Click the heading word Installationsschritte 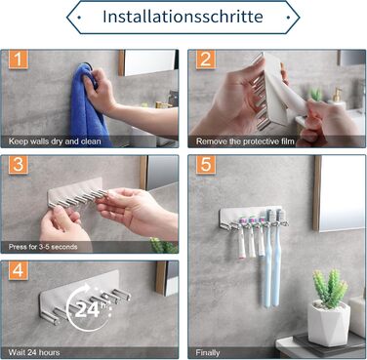[x=183, y=17]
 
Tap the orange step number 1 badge [x=19, y=60]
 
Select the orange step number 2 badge [x=206, y=60]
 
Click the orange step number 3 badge [x=19, y=165]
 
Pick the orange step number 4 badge [x=19, y=270]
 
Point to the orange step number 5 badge [x=206, y=165]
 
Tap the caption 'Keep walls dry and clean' [x=55, y=141]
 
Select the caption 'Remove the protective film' [x=245, y=141]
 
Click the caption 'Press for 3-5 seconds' [x=43, y=247]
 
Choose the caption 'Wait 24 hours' [x=34, y=352]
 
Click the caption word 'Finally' [x=208, y=352]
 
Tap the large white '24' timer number [x=87, y=310]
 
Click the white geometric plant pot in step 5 [x=329, y=323]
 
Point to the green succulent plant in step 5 [x=330, y=289]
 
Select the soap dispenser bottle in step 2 [x=337, y=97]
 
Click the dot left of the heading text [x=80, y=18]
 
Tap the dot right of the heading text [x=288, y=18]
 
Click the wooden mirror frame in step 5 [x=317, y=193]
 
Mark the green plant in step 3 [x=163, y=245]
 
